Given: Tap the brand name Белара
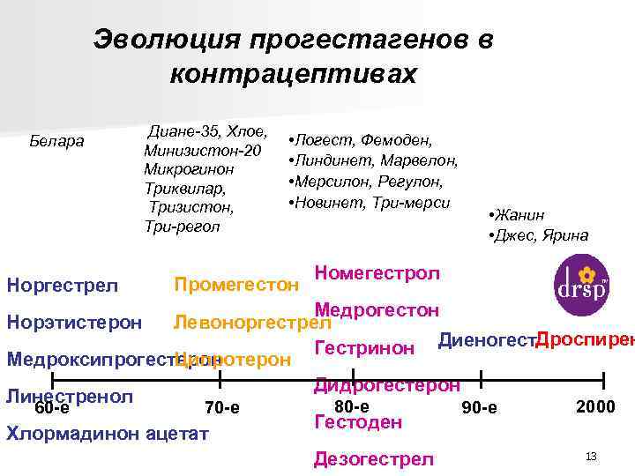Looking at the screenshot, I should pos(56,139).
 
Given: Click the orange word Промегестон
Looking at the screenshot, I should pos(237,285).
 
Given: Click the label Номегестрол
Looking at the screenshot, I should pos(377,272).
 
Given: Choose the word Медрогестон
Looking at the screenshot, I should pos(377,309).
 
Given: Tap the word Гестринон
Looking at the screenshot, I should pos(364,348).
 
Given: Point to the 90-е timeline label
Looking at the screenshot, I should pos(479,408).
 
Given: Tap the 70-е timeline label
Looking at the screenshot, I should pos(221,408).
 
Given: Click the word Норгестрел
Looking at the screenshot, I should pos(62,285).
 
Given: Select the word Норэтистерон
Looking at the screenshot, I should pos(74,322).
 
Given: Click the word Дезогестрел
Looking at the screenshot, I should pos(374,459).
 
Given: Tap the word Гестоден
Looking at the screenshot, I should pos(358,422).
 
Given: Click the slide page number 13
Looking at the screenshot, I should pos(591,456).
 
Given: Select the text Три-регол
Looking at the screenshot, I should pos(181,227).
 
